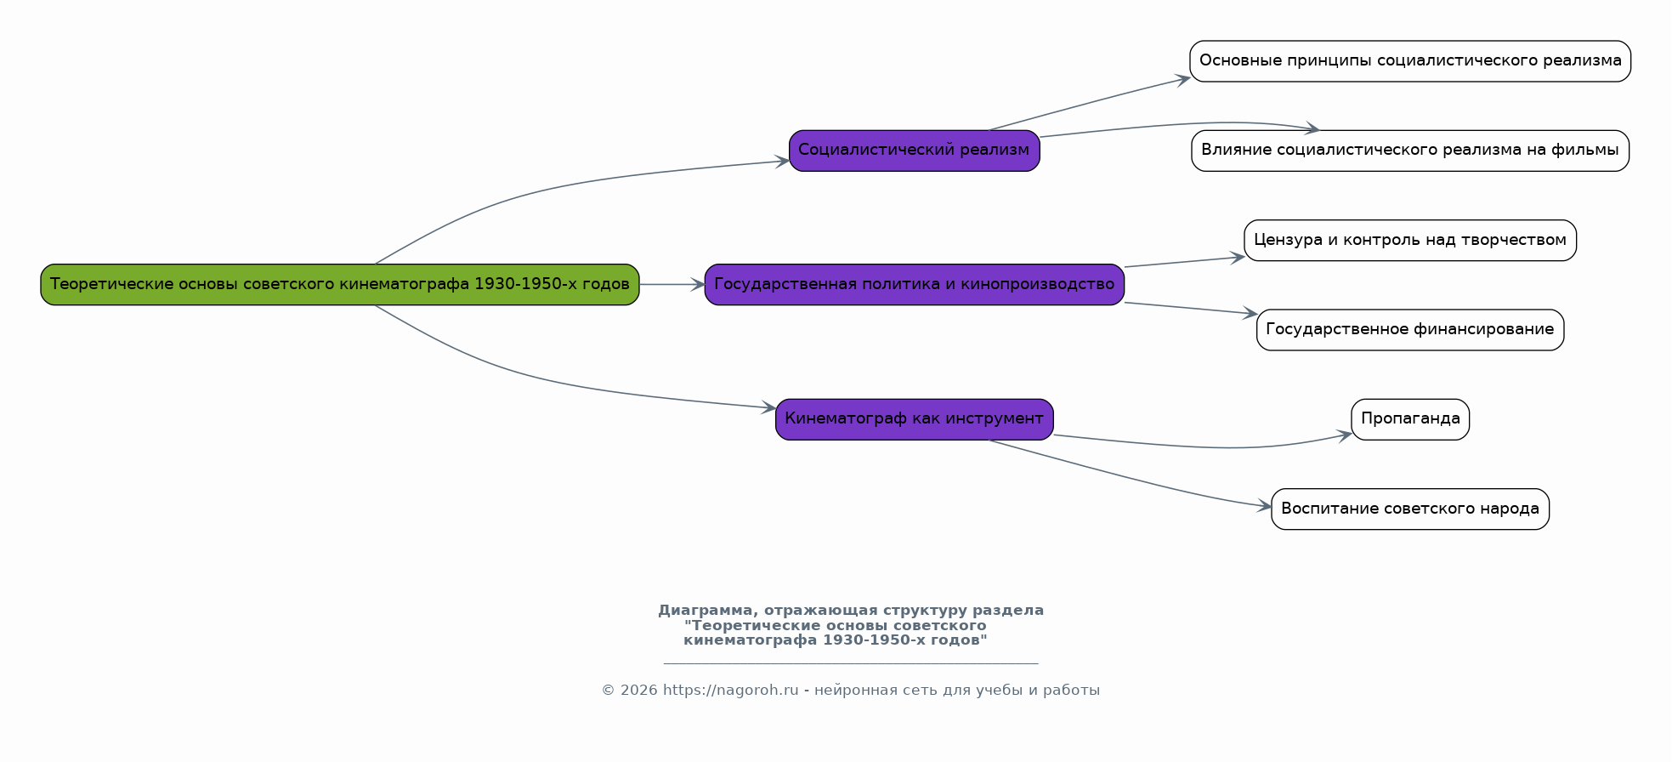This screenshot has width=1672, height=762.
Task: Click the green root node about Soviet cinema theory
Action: tap(339, 284)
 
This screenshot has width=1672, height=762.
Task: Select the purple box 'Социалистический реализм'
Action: tap(914, 151)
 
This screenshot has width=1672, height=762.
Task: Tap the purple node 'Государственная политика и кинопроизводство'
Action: tap(914, 284)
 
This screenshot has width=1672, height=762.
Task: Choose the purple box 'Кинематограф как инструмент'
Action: tap(914, 418)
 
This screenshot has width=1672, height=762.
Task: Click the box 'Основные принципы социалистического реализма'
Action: tap(1409, 61)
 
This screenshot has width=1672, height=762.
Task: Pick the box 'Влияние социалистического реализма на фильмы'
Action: tap(1409, 151)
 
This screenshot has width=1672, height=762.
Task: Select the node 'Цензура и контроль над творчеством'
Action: tap(1409, 240)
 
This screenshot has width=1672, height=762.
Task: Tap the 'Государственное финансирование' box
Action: tap(1409, 329)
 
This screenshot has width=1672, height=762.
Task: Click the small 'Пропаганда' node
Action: tap(1409, 418)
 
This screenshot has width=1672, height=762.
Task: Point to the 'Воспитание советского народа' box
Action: tap(1409, 509)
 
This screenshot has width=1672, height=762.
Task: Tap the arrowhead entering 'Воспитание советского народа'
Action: tap(1265, 507)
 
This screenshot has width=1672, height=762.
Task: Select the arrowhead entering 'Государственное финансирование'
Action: tap(1250, 314)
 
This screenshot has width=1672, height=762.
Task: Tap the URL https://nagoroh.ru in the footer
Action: tap(730, 691)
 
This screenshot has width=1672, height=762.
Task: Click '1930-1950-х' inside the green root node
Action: tap(520, 284)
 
